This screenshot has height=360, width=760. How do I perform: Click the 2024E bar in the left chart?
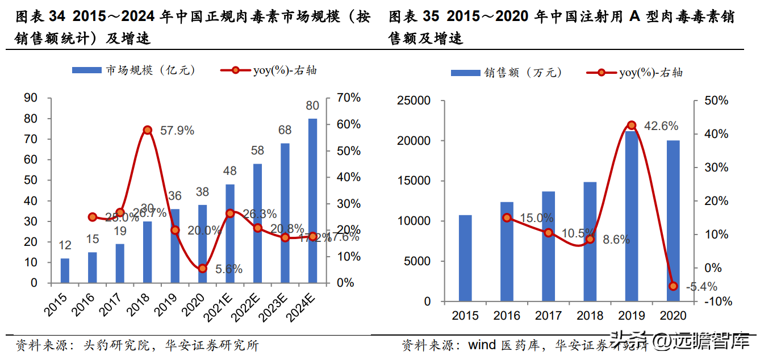point(312,200)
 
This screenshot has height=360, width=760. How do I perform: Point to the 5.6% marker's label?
point(229,269)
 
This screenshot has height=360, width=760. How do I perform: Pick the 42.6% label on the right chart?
point(658,127)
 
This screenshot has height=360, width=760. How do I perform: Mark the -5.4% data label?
point(701,287)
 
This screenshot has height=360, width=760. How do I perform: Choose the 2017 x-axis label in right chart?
point(548,316)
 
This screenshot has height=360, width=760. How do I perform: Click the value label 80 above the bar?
point(312,106)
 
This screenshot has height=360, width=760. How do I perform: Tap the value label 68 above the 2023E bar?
point(285,131)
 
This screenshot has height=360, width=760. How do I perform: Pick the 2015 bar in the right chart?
point(465,258)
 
